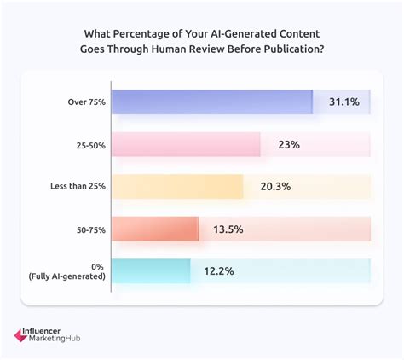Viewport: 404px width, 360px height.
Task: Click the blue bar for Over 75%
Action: [211, 102]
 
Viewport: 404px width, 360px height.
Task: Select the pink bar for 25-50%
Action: [185, 145]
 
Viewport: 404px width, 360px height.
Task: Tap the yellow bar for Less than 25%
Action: [176, 187]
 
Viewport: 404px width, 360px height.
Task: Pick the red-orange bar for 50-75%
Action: [154, 229]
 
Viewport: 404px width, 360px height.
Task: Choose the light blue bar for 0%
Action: [150, 270]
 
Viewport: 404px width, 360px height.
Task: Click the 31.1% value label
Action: [344, 102]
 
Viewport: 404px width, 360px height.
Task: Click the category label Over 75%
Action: [86, 102]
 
